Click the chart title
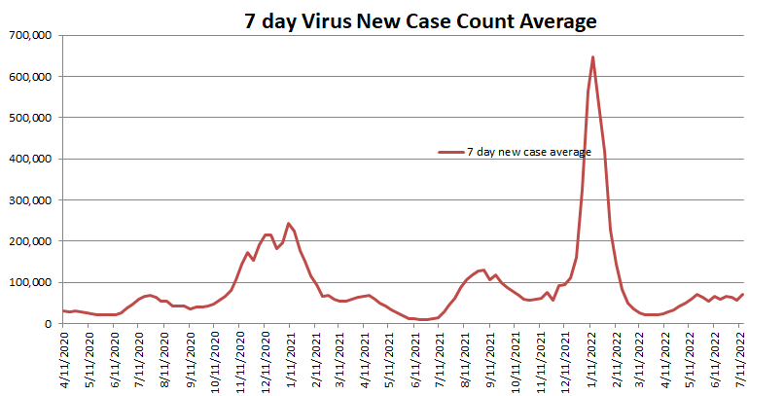click(x=419, y=20)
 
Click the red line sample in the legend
click(x=450, y=152)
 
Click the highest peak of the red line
click(x=592, y=57)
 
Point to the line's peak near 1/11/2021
click(x=289, y=224)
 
